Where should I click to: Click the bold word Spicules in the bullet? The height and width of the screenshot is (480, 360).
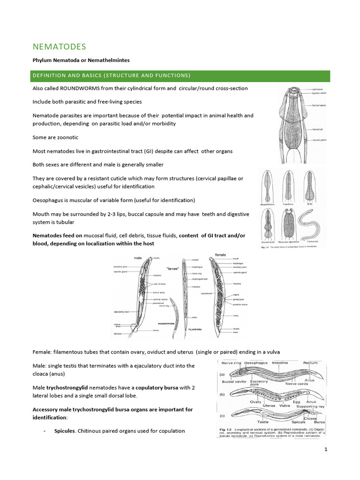[x=65, y=431]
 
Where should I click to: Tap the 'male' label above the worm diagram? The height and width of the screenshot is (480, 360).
[x=138, y=258]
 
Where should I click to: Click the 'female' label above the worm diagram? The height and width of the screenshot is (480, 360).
[x=220, y=255]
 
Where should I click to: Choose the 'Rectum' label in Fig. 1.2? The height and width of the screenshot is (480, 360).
[x=310, y=362]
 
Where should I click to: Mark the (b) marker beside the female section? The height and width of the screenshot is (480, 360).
[x=222, y=396]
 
